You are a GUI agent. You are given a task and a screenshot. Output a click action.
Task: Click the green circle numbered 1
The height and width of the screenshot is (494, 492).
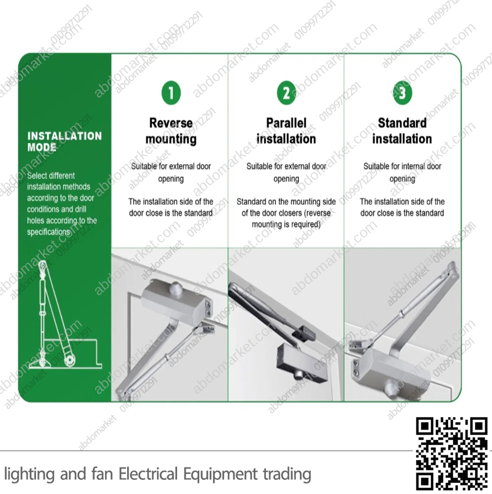click(171, 93)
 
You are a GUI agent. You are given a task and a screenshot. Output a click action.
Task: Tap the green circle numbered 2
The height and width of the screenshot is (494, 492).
click(286, 93)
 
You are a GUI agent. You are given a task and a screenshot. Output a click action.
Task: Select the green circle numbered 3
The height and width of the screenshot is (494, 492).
click(402, 93)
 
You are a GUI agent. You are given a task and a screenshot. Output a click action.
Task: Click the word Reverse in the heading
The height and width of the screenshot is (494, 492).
click(171, 123)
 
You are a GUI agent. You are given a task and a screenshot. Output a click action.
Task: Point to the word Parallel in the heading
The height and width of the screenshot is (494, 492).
click(286, 123)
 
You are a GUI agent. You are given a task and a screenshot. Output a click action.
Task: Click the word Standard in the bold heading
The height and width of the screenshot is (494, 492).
click(402, 123)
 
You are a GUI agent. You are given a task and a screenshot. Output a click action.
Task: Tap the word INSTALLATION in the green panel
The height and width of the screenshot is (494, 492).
click(65, 136)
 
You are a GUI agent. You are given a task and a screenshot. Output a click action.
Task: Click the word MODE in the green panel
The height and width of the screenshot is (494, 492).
click(41, 147)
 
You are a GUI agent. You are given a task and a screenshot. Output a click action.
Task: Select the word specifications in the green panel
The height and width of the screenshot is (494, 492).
click(49, 232)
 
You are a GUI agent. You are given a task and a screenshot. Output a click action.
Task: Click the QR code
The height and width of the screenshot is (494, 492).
click(451, 453)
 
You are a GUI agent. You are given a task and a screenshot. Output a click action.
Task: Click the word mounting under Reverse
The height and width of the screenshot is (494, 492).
click(171, 139)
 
